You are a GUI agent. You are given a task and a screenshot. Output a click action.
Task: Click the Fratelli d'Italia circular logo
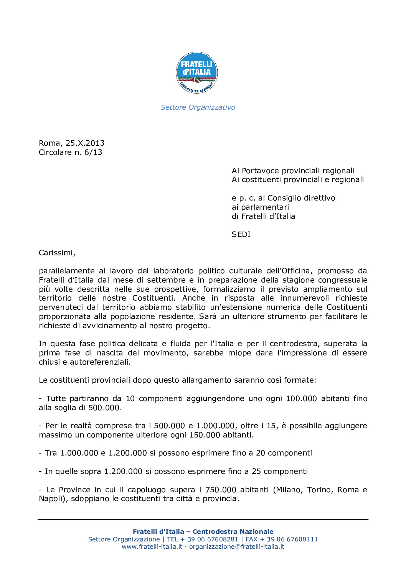point(197,73)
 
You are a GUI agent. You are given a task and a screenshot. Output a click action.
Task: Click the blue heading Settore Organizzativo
point(198,107)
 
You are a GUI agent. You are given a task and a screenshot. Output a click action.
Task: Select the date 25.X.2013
point(85,143)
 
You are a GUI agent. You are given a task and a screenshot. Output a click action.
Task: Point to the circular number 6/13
point(93,152)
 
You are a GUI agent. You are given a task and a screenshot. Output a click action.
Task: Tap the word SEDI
point(241,234)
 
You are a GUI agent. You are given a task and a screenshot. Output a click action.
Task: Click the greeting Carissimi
point(56,253)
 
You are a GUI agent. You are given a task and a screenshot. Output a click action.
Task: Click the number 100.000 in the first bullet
point(301,398)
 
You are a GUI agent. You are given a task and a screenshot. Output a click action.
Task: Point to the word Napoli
point(53,498)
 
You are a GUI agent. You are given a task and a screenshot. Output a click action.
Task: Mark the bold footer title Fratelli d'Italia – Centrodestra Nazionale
point(203,531)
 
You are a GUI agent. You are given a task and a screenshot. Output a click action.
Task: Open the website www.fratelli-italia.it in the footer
point(152,546)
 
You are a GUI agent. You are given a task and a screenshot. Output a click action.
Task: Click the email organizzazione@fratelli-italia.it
point(237,546)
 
